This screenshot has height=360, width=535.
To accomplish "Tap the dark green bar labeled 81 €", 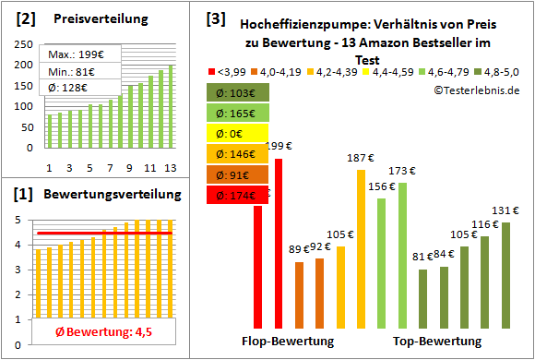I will pyautogui.click(x=422, y=298).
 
